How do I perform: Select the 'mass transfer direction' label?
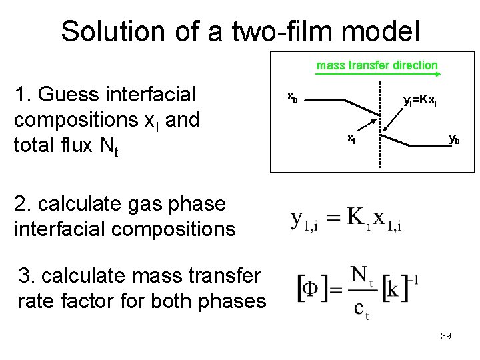point(377,65)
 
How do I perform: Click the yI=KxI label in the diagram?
point(420,101)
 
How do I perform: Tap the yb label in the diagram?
point(453,139)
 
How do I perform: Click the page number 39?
point(446,336)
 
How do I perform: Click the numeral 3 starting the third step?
point(25,275)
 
